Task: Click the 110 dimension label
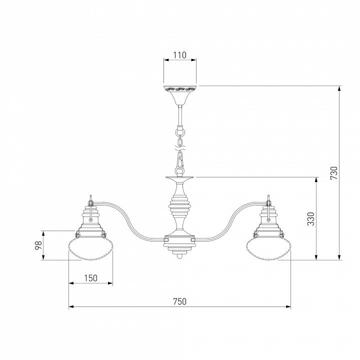click(x=180, y=55)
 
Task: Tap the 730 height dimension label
click(x=334, y=173)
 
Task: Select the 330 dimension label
click(x=311, y=219)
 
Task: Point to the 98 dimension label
click(x=38, y=245)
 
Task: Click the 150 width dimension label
click(x=90, y=278)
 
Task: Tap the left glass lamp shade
click(x=91, y=248)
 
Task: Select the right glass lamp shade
click(x=268, y=248)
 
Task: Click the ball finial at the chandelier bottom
click(x=180, y=256)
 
